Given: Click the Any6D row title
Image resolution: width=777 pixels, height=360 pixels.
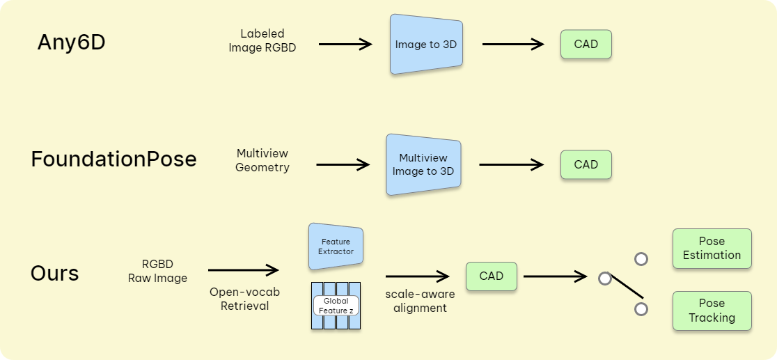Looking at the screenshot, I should click(x=71, y=42).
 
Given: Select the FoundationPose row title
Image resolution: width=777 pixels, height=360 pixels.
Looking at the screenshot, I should click(x=113, y=159).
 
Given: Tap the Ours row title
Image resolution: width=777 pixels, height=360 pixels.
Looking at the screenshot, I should click(x=54, y=273).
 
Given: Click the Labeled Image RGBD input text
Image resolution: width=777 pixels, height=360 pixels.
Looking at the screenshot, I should click(x=262, y=40).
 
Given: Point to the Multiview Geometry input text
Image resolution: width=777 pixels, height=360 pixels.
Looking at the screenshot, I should click(x=262, y=160).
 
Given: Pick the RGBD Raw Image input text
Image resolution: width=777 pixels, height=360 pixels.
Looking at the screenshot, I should click(x=157, y=271).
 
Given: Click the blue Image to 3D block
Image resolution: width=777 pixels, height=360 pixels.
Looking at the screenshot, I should click(x=426, y=44).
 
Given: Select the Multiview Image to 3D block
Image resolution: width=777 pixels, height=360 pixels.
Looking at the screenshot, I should click(x=423, y=165).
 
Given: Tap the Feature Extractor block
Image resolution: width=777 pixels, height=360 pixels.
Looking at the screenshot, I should click(x=336, y=247).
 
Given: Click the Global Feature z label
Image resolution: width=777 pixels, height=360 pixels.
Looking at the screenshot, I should click(x=336, y=306).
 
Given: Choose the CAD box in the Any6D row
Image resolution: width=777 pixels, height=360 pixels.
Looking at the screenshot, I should click(x=586, y=44).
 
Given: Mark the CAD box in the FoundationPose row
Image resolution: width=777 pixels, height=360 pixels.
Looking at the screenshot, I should click(x=586, y=164).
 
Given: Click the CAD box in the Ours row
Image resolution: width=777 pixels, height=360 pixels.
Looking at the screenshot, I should click(x=491, y=276).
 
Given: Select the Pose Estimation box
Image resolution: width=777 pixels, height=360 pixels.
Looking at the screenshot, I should click(x=712, y=248).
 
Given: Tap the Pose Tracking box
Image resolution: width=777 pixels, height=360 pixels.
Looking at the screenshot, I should click(x=712, y=311).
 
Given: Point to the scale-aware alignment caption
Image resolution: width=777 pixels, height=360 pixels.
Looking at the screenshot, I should click(x=420, y=301).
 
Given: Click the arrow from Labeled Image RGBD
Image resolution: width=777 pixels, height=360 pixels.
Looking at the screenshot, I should click(x=345, y=44).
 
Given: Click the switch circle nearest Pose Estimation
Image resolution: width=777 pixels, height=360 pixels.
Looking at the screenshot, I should click(x=641, y=259).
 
